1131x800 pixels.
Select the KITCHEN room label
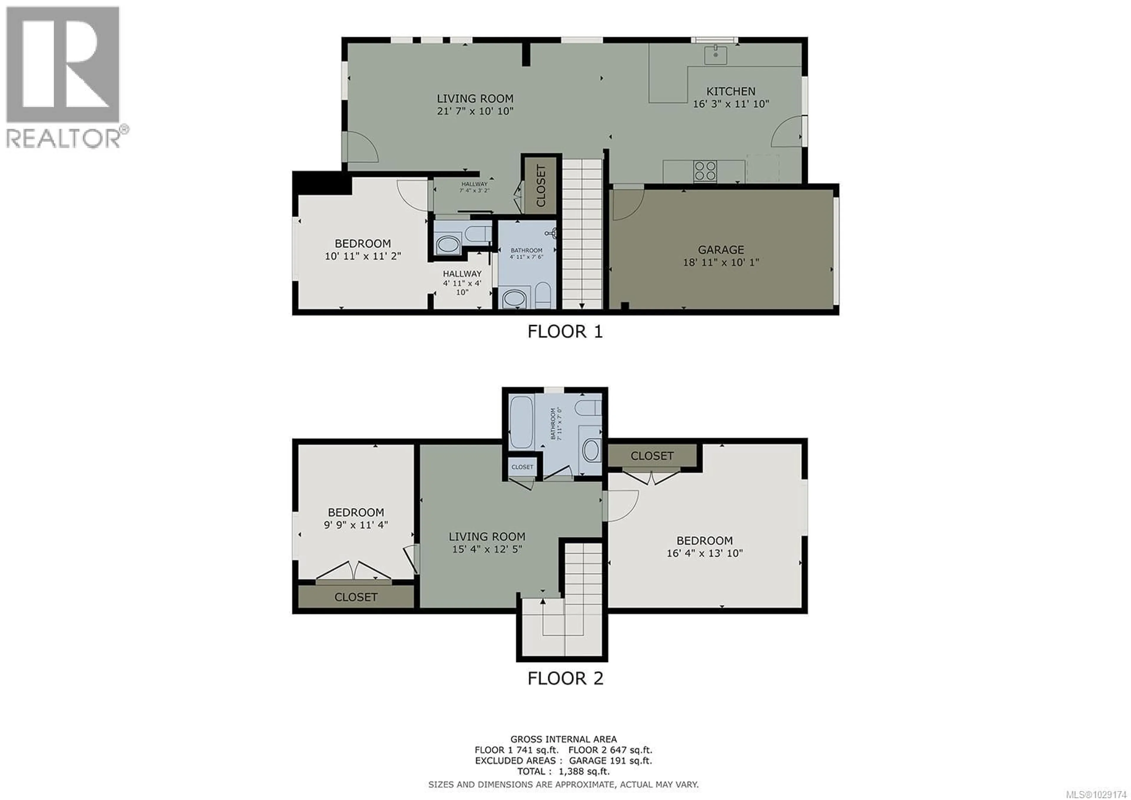click(x=730, y=91)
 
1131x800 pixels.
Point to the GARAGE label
click(x=721, y=250)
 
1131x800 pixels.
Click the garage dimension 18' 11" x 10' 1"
click(x=721, y=262)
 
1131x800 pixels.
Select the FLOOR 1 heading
click(x=565, y=332)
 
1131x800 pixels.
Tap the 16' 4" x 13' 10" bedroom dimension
click(x=705, y=553)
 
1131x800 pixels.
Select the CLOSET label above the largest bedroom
click(x=652, y=456)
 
